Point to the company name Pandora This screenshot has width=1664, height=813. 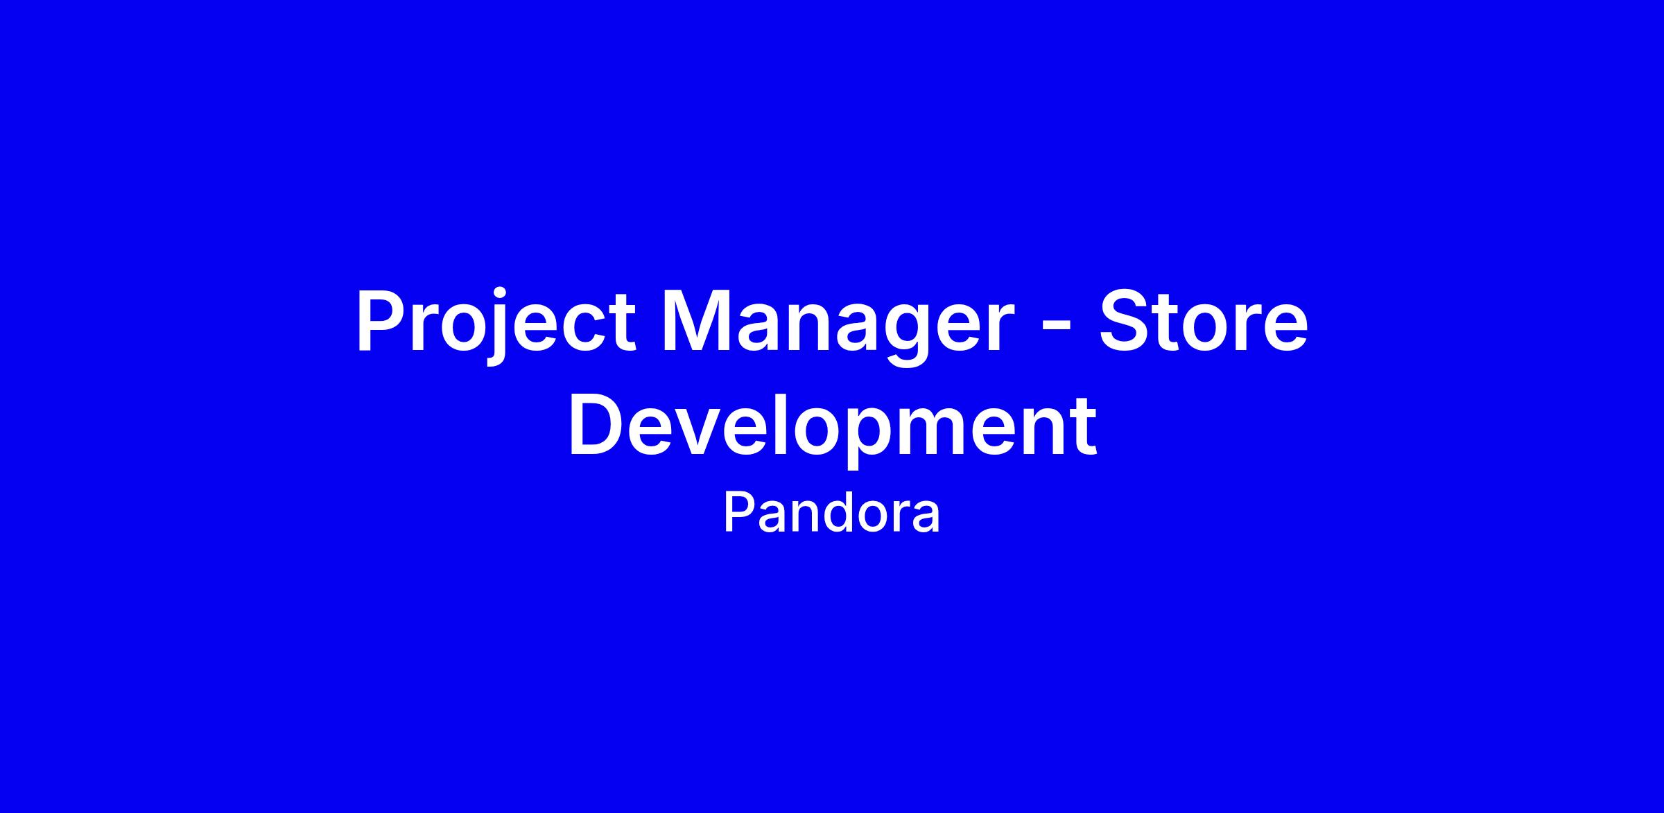(832, 513)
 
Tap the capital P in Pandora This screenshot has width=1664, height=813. (740, 513)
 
